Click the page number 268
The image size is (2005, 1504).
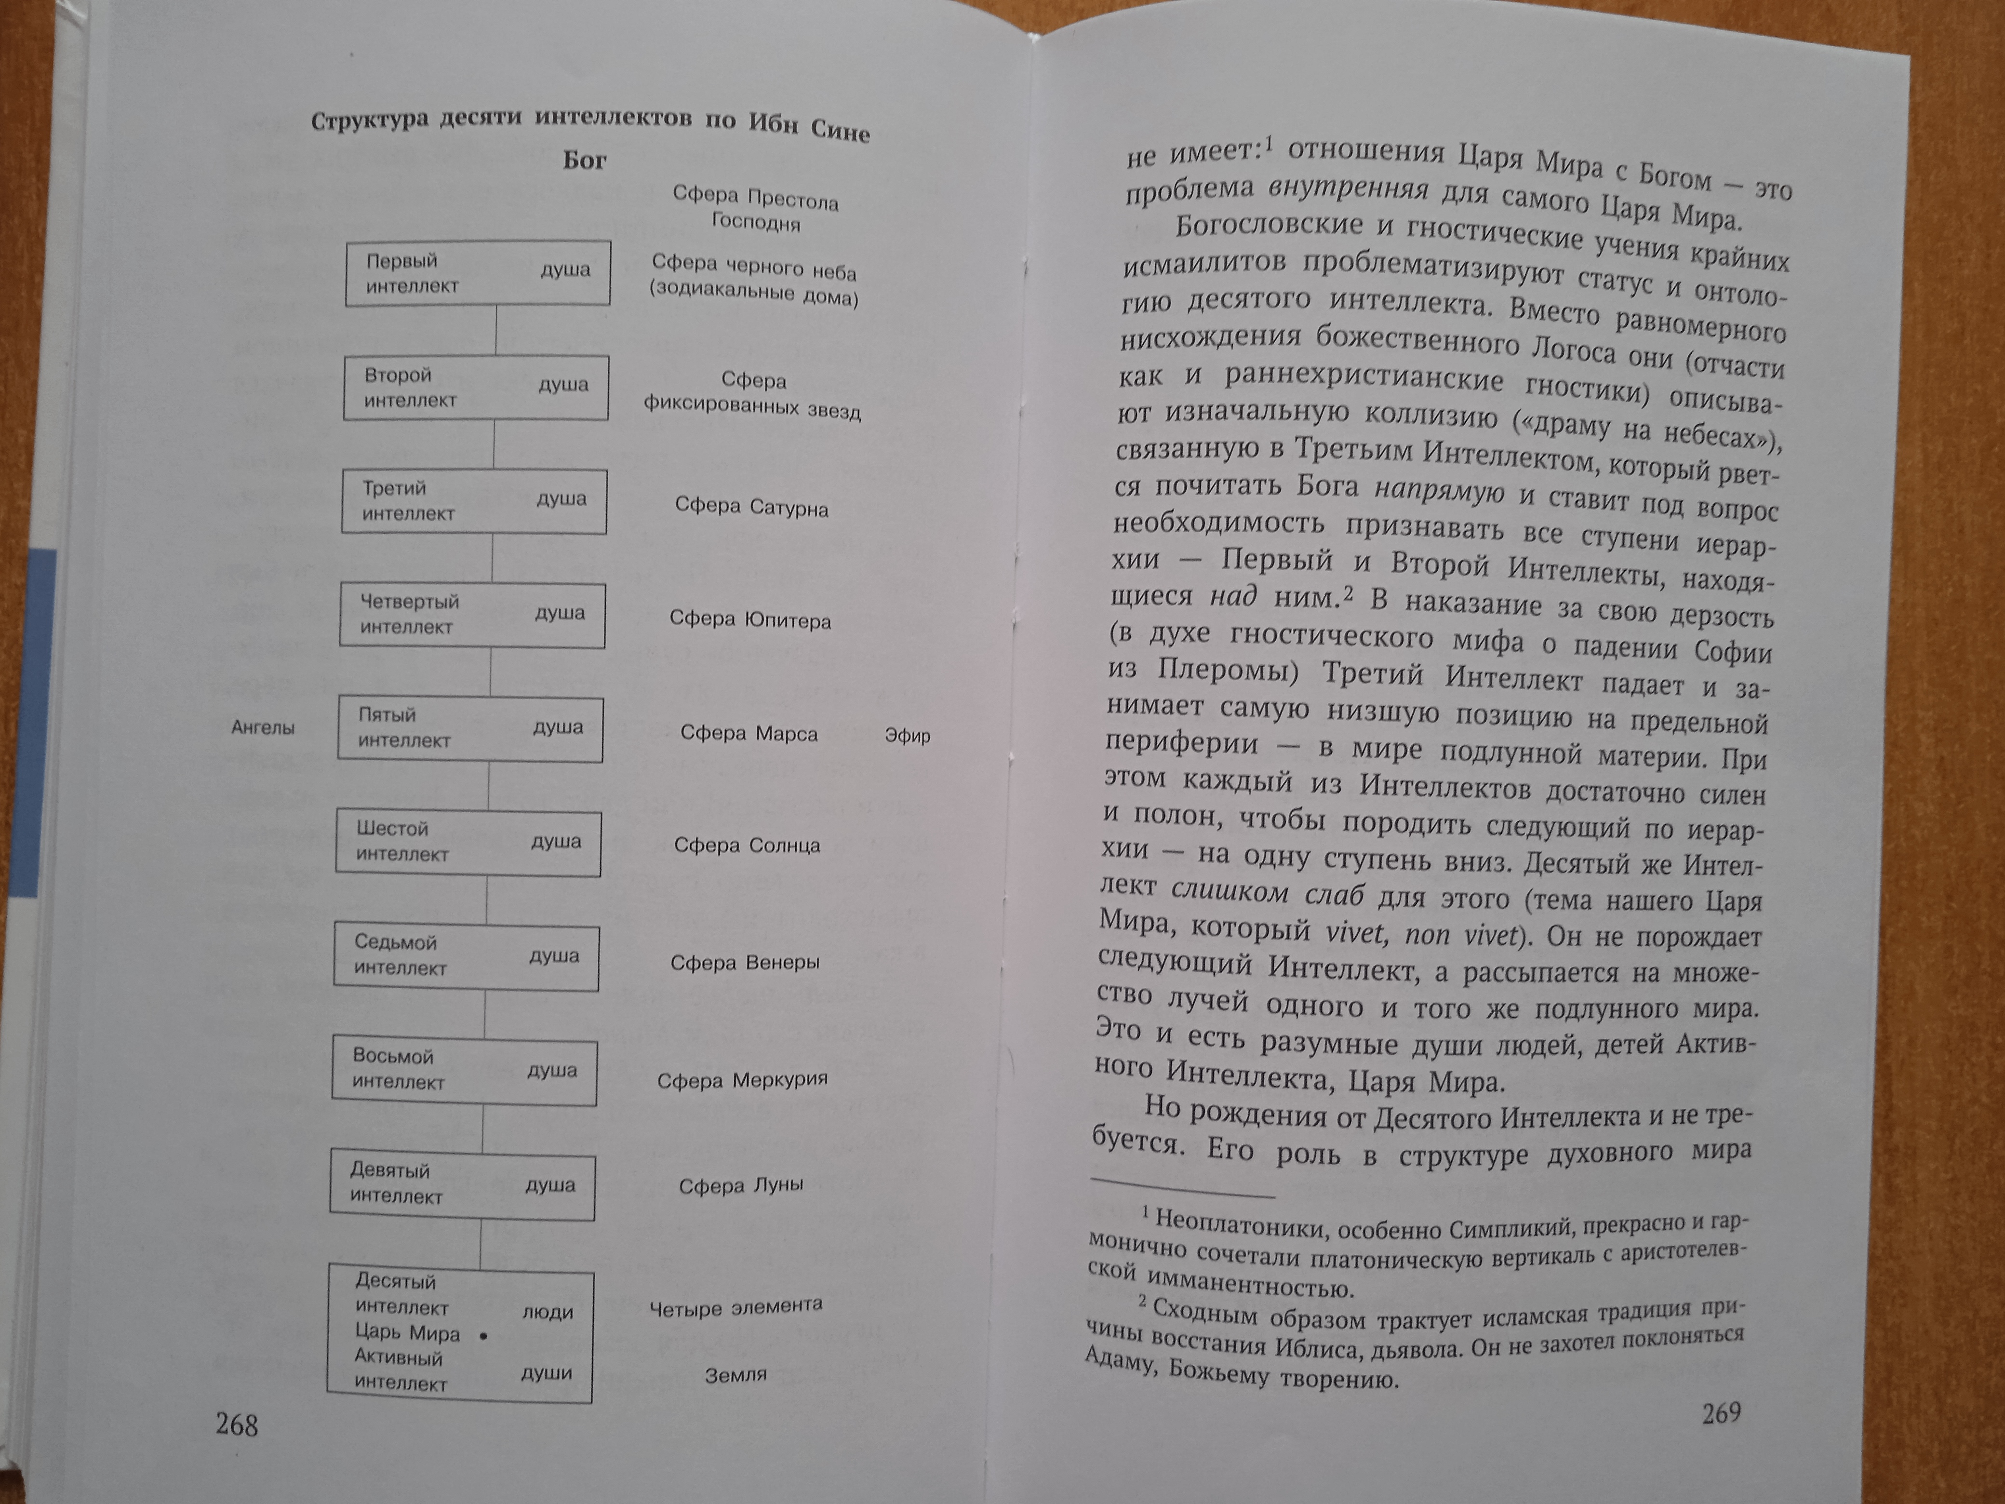coord(237,1424)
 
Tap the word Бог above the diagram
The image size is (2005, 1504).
coord(585,161)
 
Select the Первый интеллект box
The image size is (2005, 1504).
coord(478,273)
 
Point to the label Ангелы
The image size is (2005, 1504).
coord(263,727)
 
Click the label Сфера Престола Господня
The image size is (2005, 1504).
coord(755,209)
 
